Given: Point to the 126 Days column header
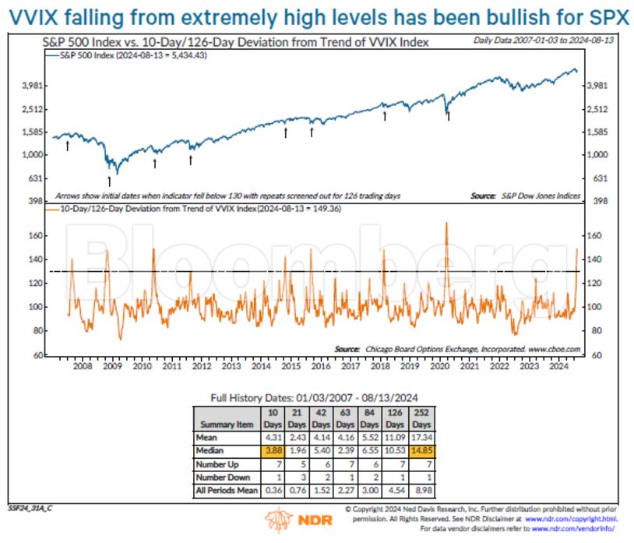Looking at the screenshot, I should click(x=396, y=418).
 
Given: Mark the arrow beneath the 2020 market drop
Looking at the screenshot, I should click(x=448, y=117).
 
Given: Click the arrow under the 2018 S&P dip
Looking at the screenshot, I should click(x=385, y=115).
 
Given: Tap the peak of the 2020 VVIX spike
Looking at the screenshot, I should click(x=446, y=224).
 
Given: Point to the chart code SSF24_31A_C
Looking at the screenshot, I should click(x=30, y=507).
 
